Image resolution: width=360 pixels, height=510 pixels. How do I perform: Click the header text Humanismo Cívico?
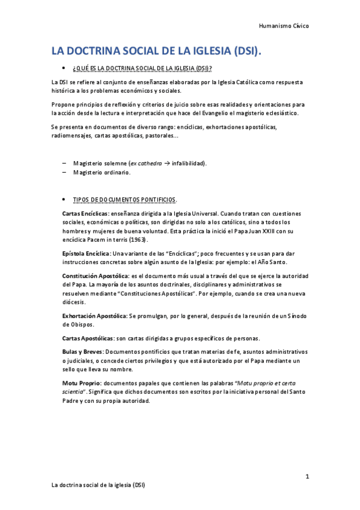[x=284, y=26]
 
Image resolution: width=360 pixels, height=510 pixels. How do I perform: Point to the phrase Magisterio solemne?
[x=96, y=164]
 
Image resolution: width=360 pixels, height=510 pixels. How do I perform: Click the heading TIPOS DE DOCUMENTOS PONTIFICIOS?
[x=124, y=199]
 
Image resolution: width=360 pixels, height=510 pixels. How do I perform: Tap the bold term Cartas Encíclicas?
[x=85, y=214]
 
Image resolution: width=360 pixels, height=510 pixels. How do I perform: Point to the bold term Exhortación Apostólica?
[x=94, y=315]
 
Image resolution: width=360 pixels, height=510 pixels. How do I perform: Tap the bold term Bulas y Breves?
[x=82, y=351]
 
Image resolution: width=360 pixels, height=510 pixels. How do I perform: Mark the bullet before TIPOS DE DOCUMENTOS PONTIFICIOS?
[x=63, y=199]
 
